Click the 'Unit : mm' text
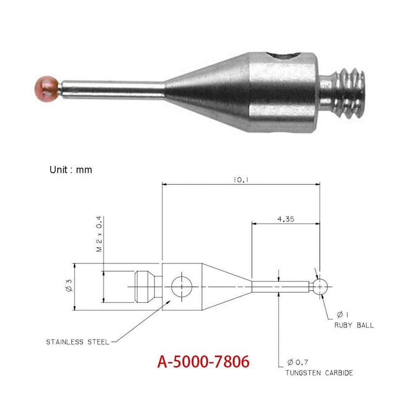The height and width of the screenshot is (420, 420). click(x=70, y=170)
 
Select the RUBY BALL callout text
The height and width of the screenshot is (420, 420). click(x=354, y=325)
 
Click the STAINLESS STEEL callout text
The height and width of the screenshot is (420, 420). click(x=77, y=342)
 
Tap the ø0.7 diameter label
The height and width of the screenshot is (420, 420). click(x=298, y=362)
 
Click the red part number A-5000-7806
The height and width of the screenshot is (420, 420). click(x=203, y=361)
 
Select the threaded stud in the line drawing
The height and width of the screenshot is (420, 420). click(x=145, y=287)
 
